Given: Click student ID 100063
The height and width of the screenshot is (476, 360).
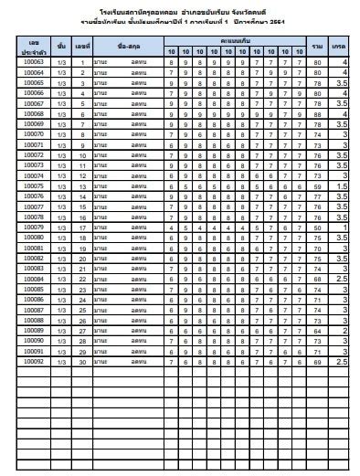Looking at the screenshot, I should point(33,61).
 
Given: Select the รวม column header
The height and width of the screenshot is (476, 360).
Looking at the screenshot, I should point(317,46).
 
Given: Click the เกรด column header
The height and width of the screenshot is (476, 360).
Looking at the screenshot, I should point(340,46).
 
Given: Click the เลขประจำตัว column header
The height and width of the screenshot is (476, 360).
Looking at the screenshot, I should point(33,46).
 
